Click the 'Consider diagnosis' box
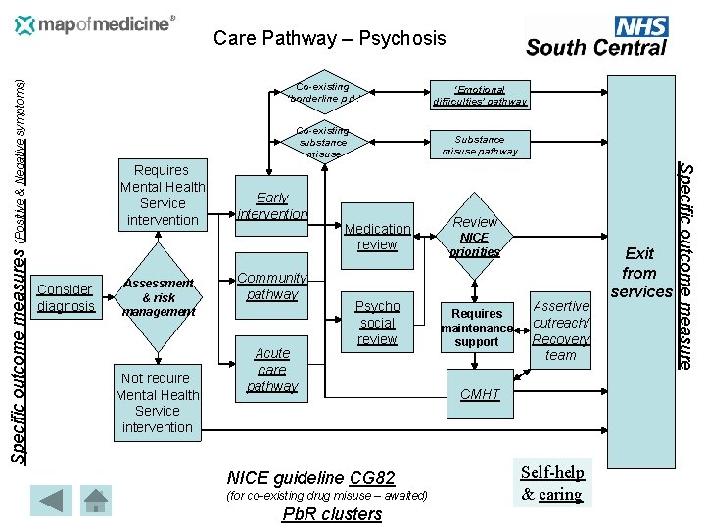tap(65, 297)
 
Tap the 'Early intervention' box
tap(272, 205)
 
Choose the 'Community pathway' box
tap(272, 286)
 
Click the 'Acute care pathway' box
tap(272, 370)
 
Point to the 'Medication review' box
tap(377, 237)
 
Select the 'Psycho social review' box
tap(377, 323)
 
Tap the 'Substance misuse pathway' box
tap(479, 146)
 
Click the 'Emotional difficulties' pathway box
tap(479, 95)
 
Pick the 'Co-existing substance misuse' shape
tap(322, 142)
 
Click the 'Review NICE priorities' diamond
tap(475, 236)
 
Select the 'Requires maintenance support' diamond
tap(477, 328)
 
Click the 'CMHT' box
tap(480, 394)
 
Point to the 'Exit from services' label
tap(639, 272)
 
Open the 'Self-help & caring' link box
tap(552, 483)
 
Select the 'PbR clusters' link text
tap(331, 514)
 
